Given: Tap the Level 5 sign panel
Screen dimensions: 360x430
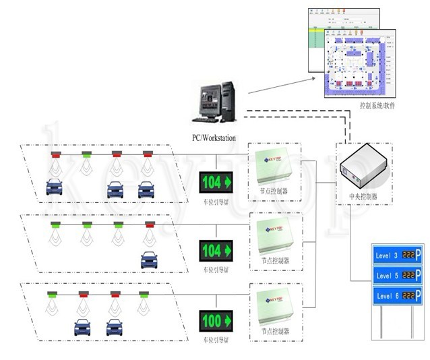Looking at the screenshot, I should tap(397, 276).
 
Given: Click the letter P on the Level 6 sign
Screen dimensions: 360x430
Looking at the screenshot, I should tap(418, 296).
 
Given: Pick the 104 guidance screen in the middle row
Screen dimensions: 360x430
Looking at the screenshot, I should tap(216, 251).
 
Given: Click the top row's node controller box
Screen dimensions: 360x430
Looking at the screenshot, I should tap(274, 167).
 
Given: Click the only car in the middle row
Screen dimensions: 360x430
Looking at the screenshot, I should tap(149, 259).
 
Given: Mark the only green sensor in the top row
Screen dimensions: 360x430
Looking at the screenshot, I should tap(86, 154).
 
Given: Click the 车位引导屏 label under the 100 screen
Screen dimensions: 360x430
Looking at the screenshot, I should tap(216, 337).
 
